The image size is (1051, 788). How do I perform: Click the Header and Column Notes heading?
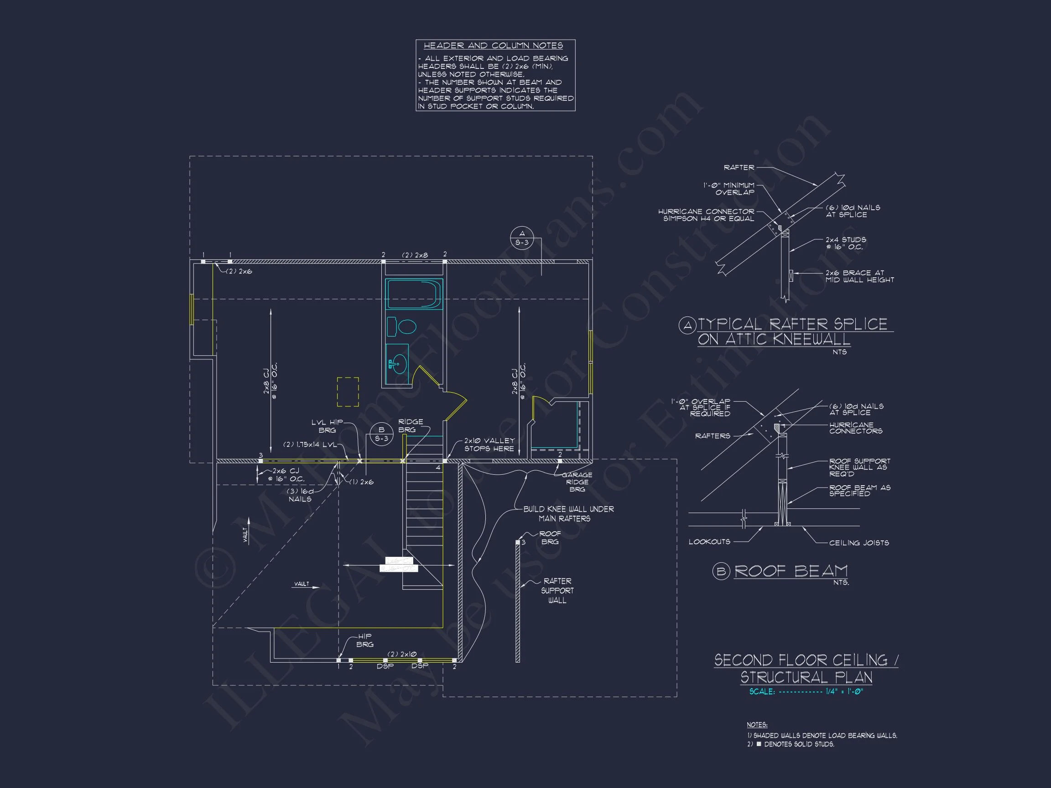[x=493, y=46]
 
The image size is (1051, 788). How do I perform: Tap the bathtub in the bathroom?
[x=413, y=295]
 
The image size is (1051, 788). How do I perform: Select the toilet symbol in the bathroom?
[x=402, y=327]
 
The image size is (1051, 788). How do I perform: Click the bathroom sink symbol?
[x=398, y=363]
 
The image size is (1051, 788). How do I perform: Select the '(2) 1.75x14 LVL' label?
[x=309, y=445]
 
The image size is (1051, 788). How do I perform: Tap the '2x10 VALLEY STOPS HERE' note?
[x=489, y=445]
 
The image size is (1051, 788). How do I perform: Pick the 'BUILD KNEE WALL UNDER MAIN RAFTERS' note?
[x=568, y=513]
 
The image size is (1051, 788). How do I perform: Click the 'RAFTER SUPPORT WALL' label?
[x=557, y=591]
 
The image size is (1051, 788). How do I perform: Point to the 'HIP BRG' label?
[x=364, y=640]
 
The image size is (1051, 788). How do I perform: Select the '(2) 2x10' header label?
[x=401, y=654]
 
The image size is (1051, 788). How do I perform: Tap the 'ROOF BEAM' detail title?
[x=791, y=570]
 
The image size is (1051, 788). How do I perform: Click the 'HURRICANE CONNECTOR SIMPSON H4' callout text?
[x=707, y=215]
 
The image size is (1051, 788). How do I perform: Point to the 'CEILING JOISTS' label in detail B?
[x=858, y=542]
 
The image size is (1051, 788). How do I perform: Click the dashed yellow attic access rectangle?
[x=348, y=392]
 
